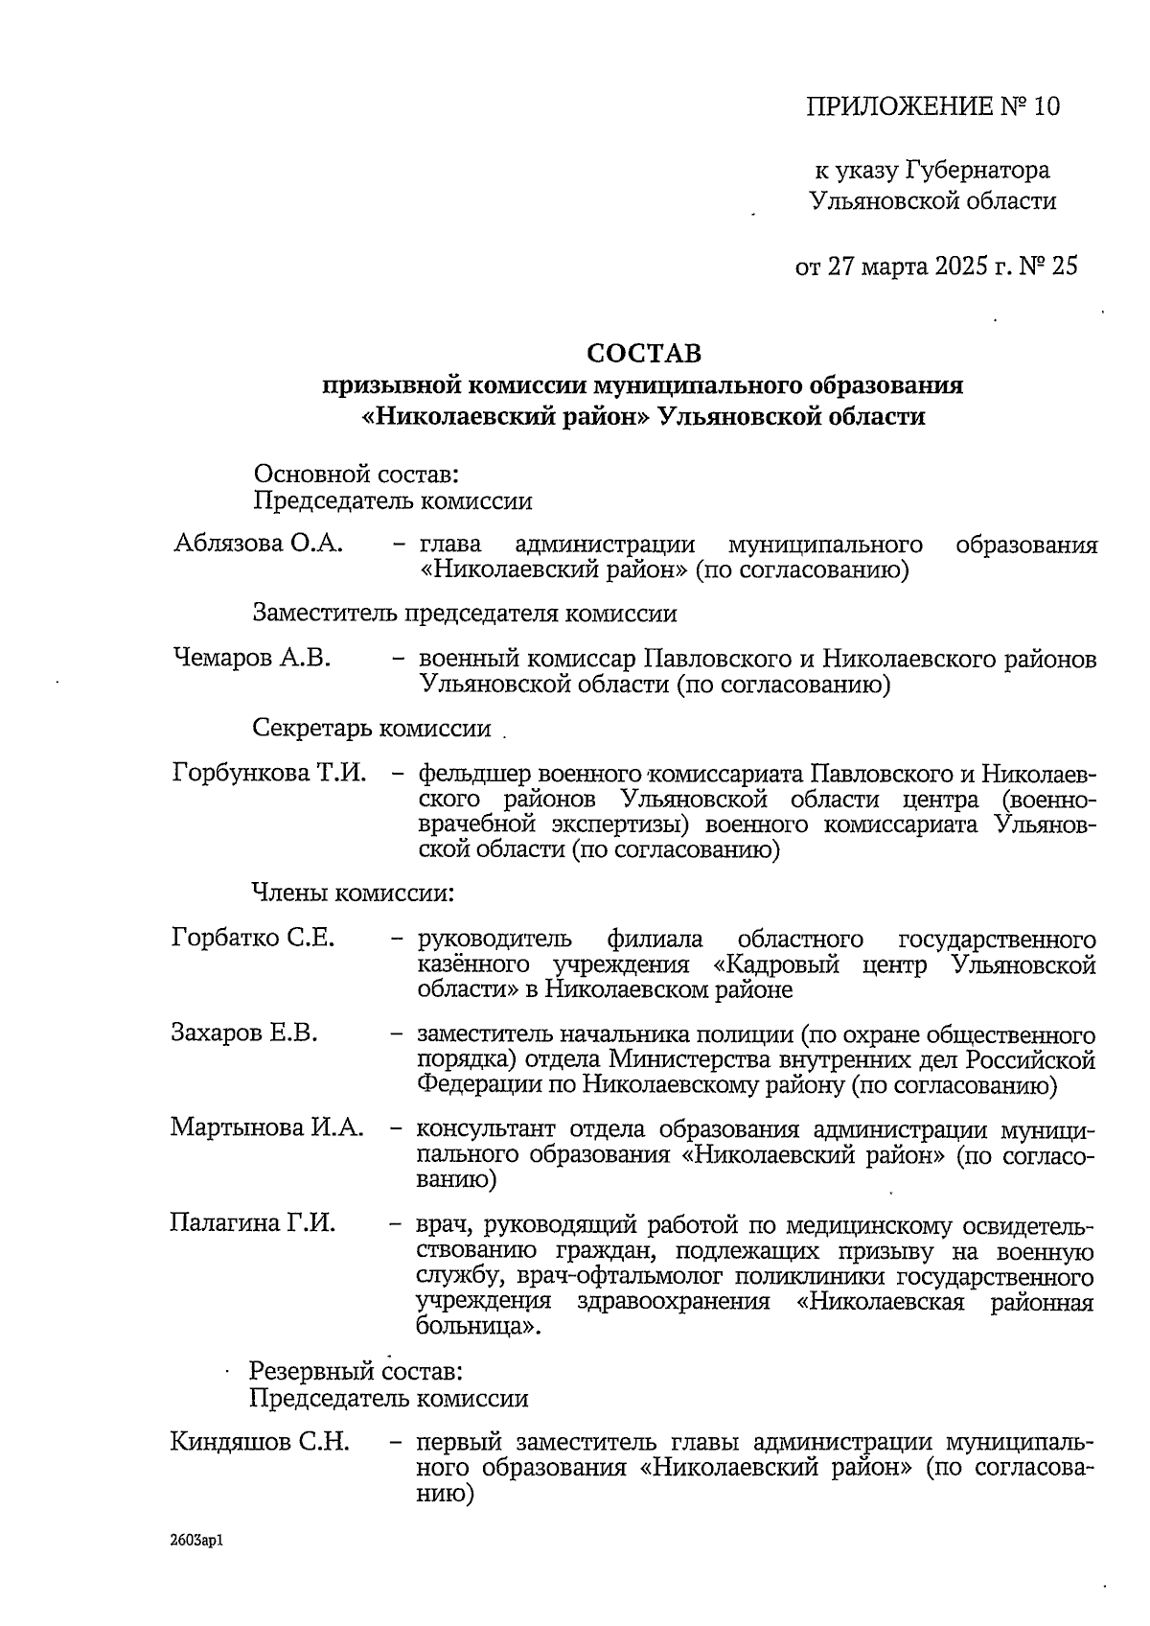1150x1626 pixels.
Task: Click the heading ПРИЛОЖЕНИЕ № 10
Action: (932, 106)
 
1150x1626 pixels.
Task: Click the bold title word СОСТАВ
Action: (644, 354)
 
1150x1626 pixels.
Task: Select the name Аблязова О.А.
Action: (258, 545)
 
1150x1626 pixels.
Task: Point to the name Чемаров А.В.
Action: (252, 659)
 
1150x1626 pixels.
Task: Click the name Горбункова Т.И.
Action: (269, 773)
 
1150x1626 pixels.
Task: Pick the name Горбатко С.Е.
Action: (253, 938)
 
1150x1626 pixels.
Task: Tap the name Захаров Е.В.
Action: (244, 1034)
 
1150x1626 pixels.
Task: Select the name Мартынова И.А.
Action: (267, 1127)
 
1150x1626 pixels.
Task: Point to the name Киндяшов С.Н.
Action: (259, 1442)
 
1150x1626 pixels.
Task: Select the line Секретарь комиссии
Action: (372, 729)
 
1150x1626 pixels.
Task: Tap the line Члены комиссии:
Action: (352, 894)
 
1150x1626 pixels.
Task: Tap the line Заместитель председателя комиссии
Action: (465, 614)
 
